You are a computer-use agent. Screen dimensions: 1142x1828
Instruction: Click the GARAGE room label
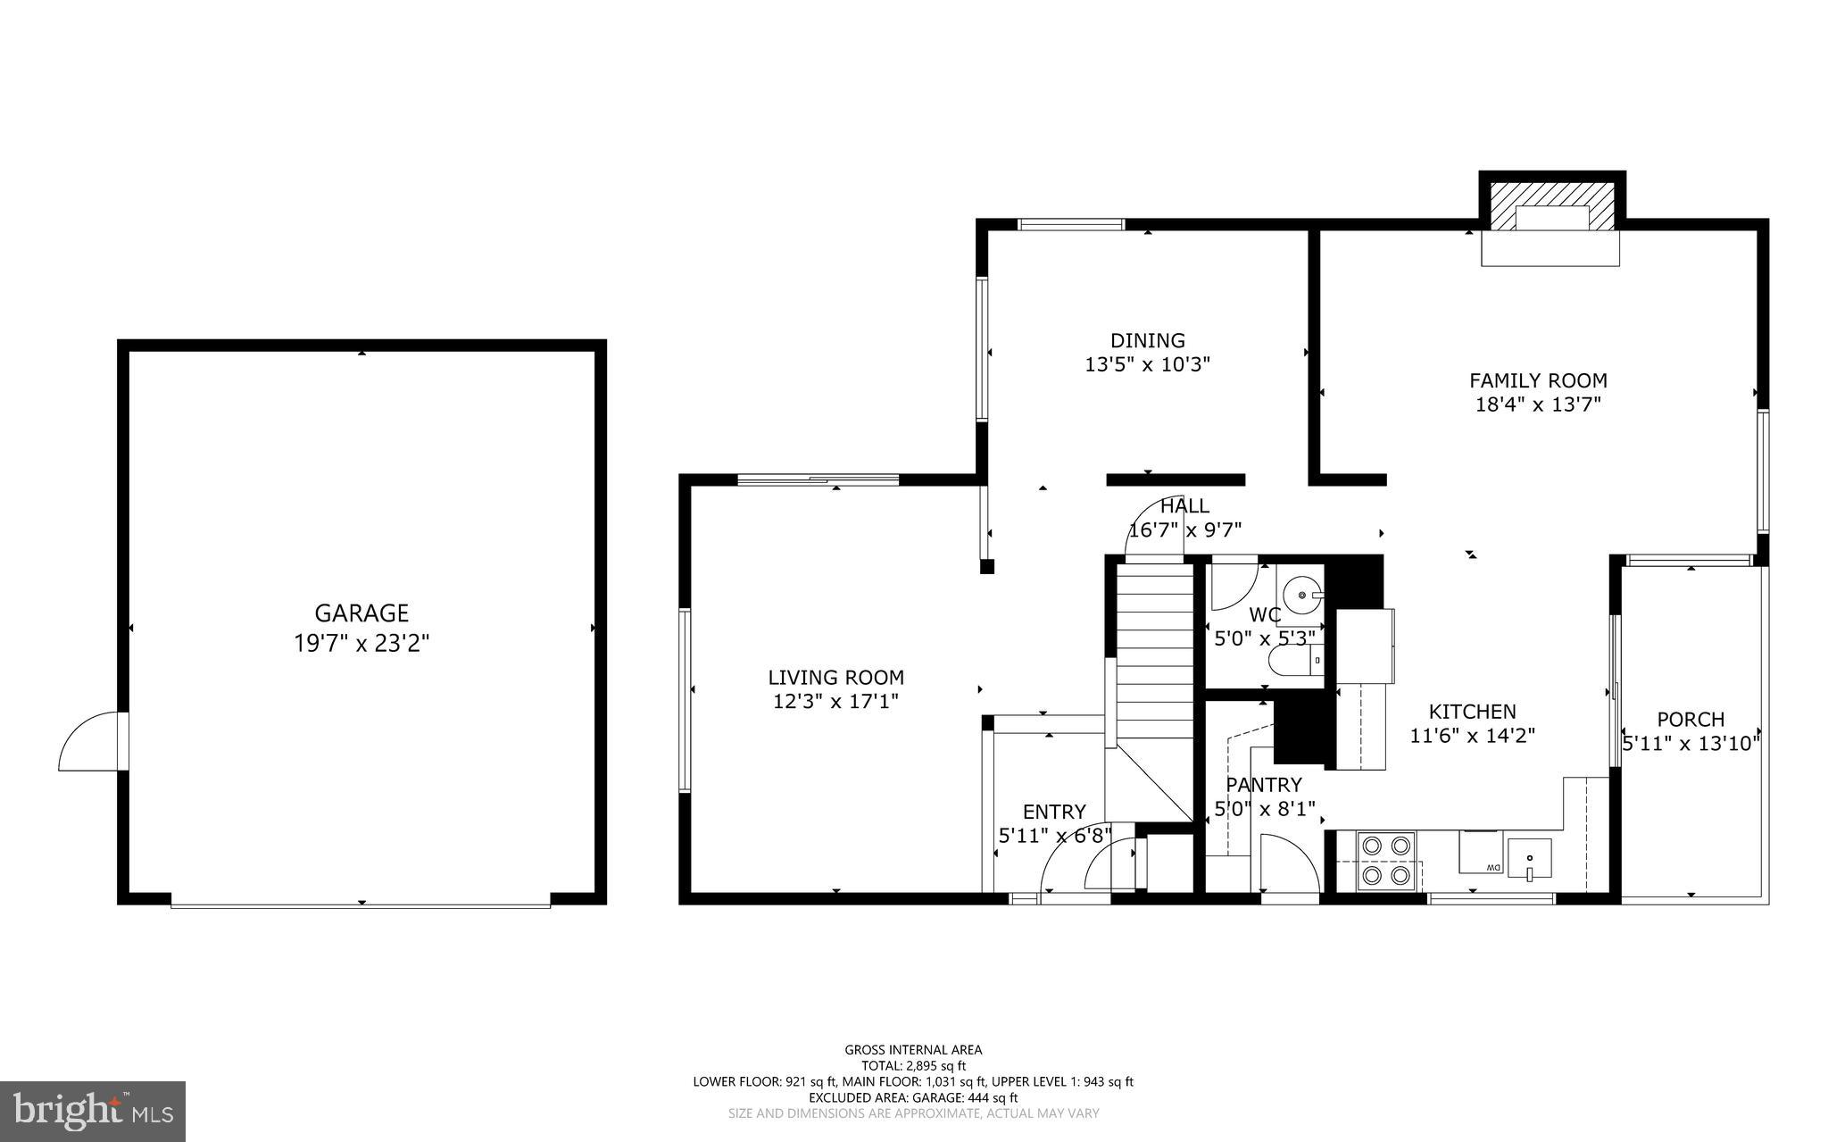361,613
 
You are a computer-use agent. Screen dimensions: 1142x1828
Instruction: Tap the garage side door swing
89,741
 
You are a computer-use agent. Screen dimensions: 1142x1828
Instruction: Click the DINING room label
1147,340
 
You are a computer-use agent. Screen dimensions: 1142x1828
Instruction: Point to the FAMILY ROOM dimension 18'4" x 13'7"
1538,404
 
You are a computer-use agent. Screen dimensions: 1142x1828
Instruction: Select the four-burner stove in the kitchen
1386,862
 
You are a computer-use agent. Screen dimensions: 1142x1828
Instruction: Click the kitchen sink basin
1529,859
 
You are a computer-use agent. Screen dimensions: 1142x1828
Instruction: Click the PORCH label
1691,719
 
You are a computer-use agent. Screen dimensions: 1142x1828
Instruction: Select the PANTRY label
1263,785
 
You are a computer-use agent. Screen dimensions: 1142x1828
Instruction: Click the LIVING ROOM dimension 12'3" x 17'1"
835,702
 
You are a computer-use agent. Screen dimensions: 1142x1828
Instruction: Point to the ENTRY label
1054,812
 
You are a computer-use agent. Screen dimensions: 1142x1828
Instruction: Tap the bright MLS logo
93,1112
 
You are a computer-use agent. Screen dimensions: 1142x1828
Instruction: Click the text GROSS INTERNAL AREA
913,1050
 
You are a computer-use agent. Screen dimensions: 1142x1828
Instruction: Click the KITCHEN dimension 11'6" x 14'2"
1472,736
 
